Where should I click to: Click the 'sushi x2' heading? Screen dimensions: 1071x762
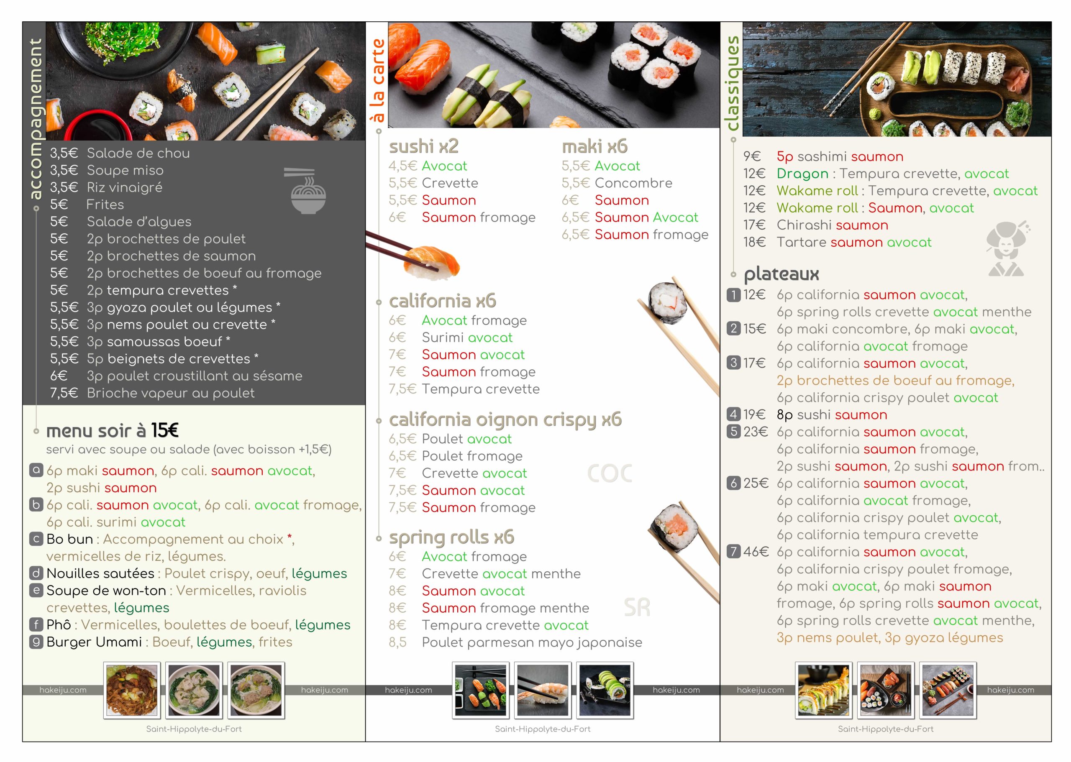423,146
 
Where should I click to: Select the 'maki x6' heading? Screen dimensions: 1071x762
594,146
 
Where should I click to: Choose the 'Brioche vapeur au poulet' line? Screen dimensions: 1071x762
170,393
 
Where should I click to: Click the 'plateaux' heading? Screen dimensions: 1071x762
781,274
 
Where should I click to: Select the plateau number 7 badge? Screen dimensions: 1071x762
733,551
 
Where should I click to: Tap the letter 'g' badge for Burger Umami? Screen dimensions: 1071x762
36,642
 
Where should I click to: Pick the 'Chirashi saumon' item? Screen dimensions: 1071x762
832,225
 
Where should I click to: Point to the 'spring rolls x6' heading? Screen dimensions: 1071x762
451,538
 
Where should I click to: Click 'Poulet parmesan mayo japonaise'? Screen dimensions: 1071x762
532,642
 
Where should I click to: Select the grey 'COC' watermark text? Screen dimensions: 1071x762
610,473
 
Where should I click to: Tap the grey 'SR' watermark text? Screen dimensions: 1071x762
637,608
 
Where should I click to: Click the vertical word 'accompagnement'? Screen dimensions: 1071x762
35,119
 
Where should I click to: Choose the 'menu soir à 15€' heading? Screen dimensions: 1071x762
112,430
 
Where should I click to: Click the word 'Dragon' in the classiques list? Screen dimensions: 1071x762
802,174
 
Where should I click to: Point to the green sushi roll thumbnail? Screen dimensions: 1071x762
605,690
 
